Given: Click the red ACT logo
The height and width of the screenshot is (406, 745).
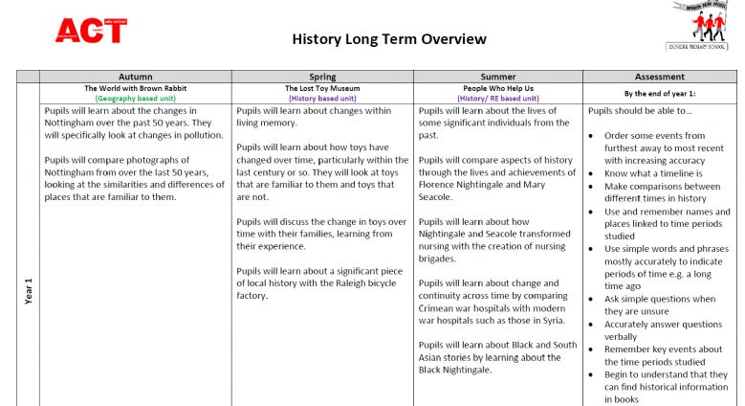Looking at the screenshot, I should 91,30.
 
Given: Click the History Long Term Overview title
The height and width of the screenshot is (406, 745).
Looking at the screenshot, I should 389,39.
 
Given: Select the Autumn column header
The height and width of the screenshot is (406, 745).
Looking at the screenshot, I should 135,77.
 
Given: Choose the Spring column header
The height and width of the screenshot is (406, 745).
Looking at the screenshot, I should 322,77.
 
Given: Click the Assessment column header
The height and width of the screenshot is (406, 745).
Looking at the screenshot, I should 659,77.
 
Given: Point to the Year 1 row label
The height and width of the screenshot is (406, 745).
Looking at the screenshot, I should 28,291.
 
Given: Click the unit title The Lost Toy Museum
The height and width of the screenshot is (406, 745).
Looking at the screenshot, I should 322,87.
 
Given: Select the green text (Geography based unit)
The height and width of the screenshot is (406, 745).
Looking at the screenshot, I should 135,98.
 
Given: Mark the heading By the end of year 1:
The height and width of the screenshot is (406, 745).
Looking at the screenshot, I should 659,93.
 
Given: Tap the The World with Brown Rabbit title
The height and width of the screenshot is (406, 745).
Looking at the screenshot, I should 135,87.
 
